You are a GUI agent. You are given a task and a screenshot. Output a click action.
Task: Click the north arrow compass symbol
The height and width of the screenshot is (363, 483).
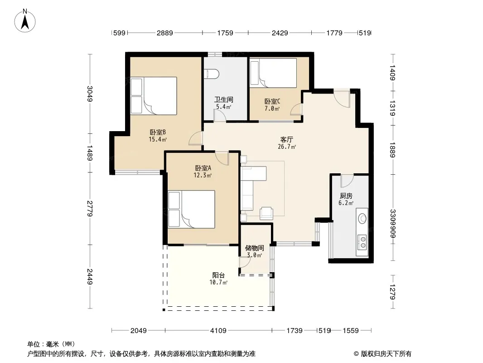(25, 21)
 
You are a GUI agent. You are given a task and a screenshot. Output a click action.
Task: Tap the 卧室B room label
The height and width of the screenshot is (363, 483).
(158, 132)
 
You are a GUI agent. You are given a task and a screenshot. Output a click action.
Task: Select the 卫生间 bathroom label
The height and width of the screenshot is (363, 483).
(224, 100)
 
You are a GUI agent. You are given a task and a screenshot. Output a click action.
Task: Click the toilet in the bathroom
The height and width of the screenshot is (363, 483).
(212, 74)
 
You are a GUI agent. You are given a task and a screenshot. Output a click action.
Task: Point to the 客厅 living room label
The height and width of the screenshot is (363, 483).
(286, 140)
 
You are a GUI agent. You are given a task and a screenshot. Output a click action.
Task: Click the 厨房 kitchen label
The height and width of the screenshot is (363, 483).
(346, 196)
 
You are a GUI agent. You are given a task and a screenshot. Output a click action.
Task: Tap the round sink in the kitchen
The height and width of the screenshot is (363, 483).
(362, 219)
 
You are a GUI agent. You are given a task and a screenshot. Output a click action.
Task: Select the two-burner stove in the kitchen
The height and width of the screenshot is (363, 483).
(362, 242)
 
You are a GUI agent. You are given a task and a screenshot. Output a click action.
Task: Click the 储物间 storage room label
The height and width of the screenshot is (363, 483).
(255, 248)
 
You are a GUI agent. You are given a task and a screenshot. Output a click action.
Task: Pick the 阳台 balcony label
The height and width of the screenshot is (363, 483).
(218, 275)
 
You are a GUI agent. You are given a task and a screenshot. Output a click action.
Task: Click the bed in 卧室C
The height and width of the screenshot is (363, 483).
(273, 74)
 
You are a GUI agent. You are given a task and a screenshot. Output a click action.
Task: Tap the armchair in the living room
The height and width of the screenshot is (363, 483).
(266, 213)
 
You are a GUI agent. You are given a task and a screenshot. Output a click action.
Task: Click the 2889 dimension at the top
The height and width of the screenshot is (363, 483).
(165, 33)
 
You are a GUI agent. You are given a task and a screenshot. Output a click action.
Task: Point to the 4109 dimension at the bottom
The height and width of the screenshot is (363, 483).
(218, 331)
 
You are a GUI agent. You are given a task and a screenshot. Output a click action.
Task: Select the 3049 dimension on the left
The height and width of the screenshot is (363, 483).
(90, 93)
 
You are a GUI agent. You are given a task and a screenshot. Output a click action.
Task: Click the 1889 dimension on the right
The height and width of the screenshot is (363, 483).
(392, 150)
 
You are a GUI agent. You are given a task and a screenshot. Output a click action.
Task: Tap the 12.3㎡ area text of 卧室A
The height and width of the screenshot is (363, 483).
(203, 176)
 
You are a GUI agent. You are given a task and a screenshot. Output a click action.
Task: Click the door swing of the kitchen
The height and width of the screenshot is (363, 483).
(347, 181)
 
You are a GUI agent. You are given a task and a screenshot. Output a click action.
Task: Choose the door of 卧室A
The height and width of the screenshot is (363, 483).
(222, 158)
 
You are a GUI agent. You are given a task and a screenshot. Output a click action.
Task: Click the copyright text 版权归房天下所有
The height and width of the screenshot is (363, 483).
(386, 354)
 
